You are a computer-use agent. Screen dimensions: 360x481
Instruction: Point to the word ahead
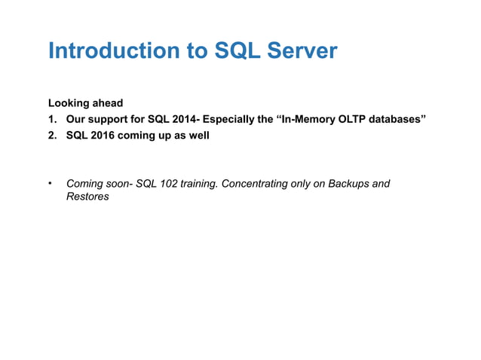click(x=108, y=102)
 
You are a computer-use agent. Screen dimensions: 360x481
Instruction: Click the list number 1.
click(x=51, y=120)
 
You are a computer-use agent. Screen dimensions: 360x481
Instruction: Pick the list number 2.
click(x=51, y=137)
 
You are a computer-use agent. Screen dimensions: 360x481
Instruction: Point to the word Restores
click(x=88, y=197)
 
